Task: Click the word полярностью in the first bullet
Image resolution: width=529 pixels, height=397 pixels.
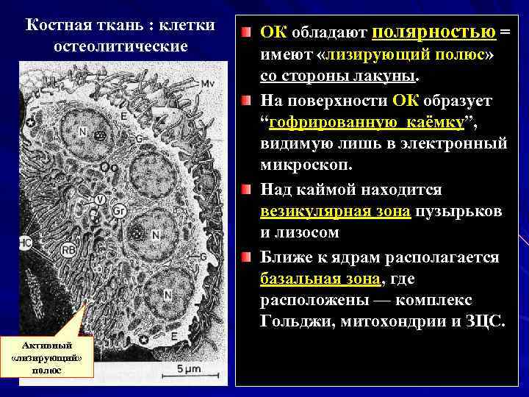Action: [434, 32]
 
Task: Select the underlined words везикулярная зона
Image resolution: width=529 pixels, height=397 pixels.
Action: [336, 212]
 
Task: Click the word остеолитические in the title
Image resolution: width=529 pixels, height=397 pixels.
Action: [121, 46]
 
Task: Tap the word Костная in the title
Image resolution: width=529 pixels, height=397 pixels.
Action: [56, 25]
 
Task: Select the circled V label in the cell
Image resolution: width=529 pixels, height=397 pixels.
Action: [100, 199]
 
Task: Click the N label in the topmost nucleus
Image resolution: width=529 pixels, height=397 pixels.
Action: [83, 133]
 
